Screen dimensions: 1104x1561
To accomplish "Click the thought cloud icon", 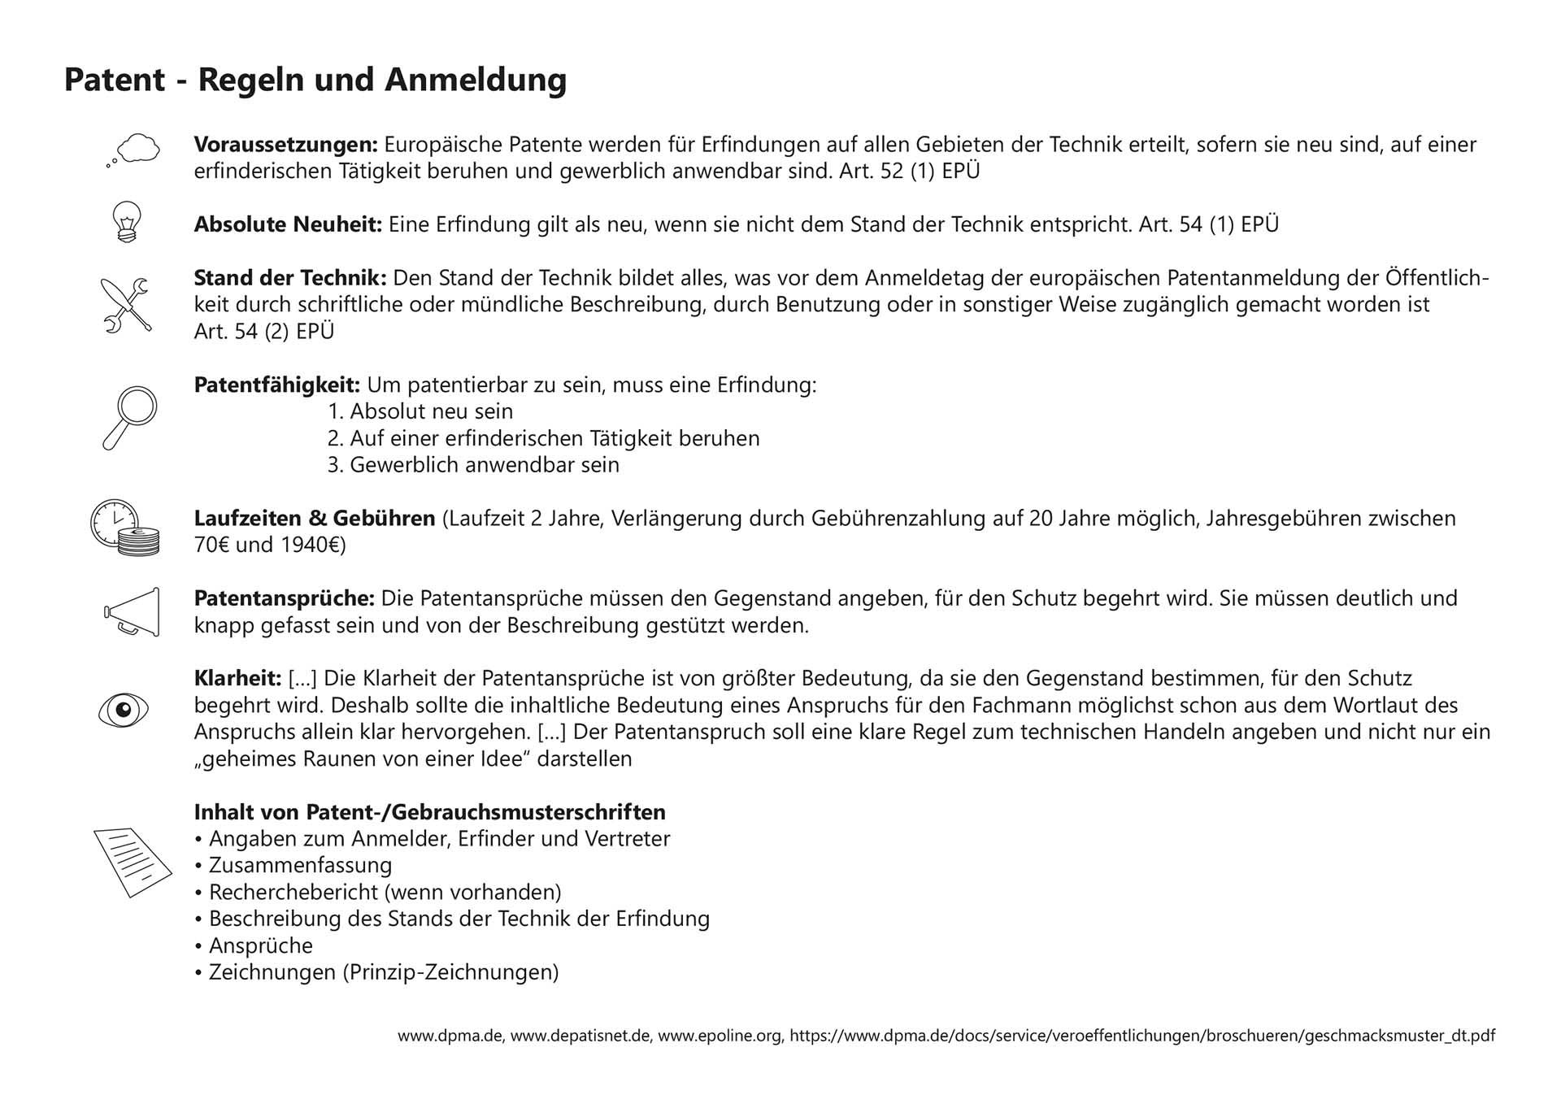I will tap(134, 150).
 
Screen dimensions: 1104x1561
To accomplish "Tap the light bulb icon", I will tap(127, 221).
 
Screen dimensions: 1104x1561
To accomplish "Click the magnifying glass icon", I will tap(130, 417).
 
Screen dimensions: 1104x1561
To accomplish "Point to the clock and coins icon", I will tap(124, 528).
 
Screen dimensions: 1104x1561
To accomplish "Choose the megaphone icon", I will tap(133, 611).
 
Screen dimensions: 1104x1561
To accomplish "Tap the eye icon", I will tap(124, 710).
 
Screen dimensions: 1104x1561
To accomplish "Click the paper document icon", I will tap(133, 862).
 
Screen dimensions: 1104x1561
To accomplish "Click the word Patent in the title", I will tap(115, 80).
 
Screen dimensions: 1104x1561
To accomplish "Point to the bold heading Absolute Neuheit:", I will tap(288, 224).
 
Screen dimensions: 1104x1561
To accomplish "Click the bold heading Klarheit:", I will tap(237, 678).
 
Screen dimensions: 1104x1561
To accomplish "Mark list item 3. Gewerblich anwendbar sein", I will tap(473, 465).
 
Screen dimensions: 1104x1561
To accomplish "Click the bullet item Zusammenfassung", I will tap(300, 865).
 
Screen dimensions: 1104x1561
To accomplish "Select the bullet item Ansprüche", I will tap(260, 945).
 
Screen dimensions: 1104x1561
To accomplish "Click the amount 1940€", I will tap(313, 545).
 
